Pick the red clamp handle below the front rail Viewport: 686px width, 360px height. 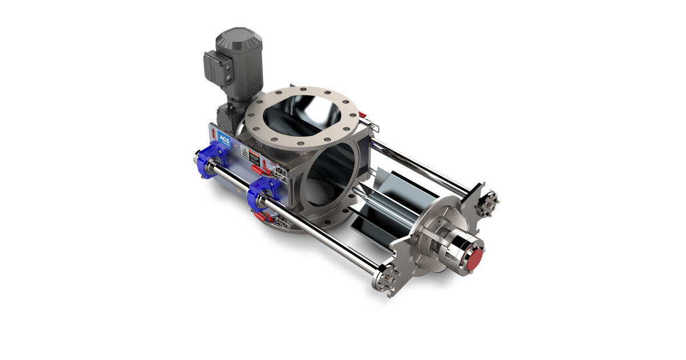pyautogui.click(x=260, y=216)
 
